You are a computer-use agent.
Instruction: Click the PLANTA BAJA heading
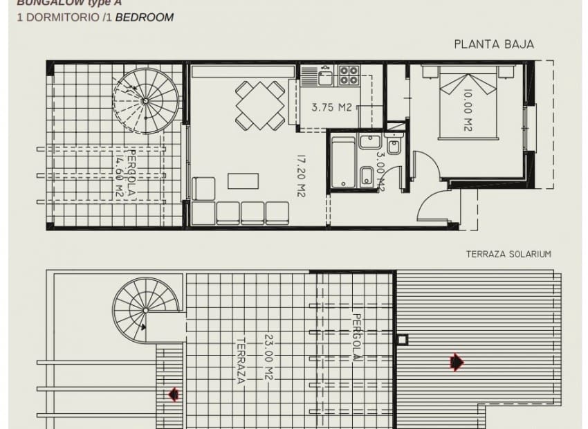494,44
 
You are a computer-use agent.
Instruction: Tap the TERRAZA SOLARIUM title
509,254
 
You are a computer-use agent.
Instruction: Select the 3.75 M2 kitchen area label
332,107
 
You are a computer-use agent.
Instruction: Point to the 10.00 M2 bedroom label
467,111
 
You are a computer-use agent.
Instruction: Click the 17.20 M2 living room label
301,176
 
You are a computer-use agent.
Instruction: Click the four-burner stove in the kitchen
348,75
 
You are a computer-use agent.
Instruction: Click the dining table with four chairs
259,105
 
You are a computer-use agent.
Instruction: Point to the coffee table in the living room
243,181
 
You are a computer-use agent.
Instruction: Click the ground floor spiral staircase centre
145,101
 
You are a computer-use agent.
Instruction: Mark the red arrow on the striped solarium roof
456,361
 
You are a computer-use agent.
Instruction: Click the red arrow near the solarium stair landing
173,394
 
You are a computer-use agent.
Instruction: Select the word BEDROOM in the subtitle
145,17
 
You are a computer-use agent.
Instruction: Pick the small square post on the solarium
403,340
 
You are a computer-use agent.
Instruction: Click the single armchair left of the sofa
203,188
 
